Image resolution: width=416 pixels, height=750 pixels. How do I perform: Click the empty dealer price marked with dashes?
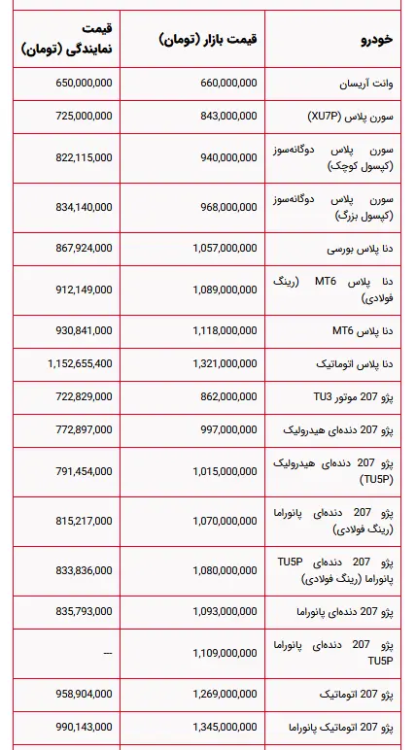pyautogui.click(x=107, y=653)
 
